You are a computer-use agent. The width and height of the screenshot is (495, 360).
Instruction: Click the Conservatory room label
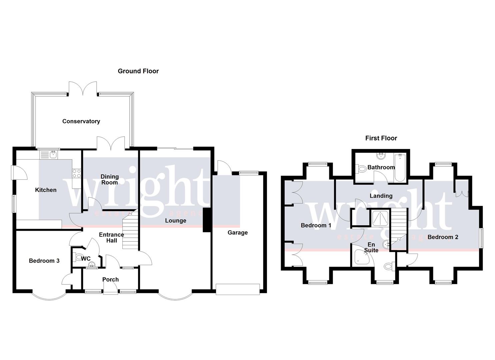[81, 121]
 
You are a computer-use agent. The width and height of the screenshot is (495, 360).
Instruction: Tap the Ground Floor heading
[138, 71]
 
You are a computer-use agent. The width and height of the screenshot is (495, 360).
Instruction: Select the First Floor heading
[381, 138]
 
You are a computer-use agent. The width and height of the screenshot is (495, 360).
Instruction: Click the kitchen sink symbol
[49, 154]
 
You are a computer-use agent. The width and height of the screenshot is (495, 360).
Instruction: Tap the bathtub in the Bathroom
[399, 168]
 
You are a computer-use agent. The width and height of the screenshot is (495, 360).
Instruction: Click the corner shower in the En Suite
[361, 257]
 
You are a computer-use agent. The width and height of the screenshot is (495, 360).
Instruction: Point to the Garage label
[237, 233]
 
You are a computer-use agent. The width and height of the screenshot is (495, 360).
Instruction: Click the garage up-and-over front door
[237, 289]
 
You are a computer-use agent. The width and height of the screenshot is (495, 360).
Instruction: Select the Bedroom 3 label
[44, 261]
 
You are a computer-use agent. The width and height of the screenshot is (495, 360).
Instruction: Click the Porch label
[110, 279]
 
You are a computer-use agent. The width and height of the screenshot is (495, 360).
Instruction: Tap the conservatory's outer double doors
[83, 89]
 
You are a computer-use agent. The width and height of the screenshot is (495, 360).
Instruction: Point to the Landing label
[381, 196]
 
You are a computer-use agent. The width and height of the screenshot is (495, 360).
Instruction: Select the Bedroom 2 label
[443, 237]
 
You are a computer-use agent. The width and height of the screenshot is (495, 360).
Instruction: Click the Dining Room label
[110, 179]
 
